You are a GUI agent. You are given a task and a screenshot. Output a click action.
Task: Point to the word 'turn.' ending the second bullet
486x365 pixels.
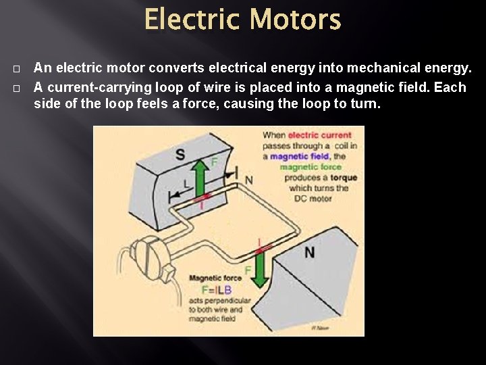(366, 104)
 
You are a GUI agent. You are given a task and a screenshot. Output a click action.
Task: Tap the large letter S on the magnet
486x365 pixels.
(180, 155)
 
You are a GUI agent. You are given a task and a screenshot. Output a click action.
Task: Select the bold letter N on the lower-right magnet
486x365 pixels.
(309, 252)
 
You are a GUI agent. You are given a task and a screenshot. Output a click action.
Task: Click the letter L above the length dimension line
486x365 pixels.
(186, 183)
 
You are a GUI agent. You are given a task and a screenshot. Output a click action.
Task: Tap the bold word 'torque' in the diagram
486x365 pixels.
(344, 178)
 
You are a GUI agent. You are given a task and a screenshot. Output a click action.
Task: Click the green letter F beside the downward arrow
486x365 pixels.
(248, 270)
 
